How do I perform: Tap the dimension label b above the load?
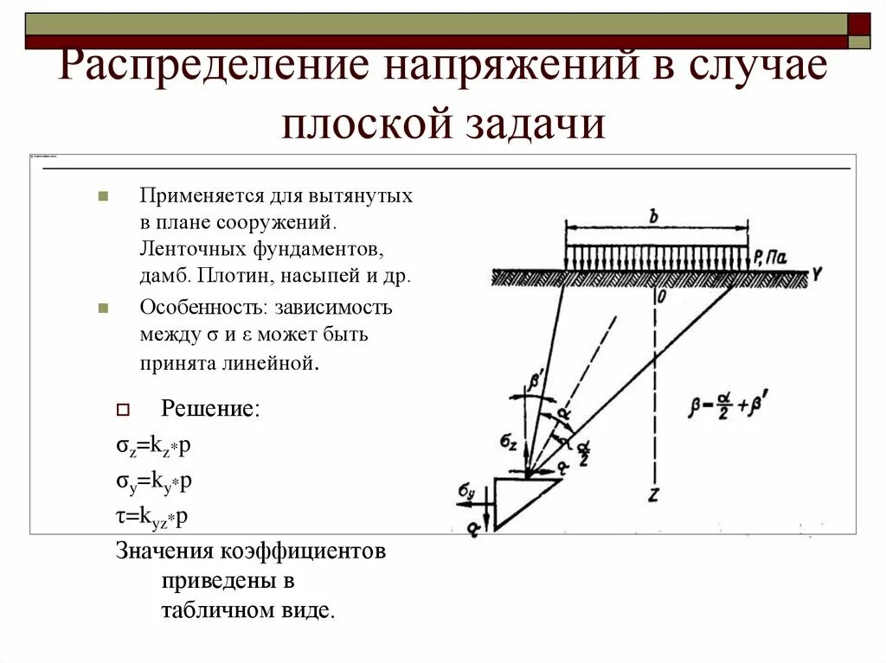[x=655, y=215]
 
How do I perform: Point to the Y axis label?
[x=816, y=275]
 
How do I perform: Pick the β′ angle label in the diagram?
[x=536, y=379]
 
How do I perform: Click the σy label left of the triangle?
[x=466, y=493]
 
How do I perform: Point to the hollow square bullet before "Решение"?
[x=122, y=409]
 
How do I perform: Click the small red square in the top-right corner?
[x=859, y=23]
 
